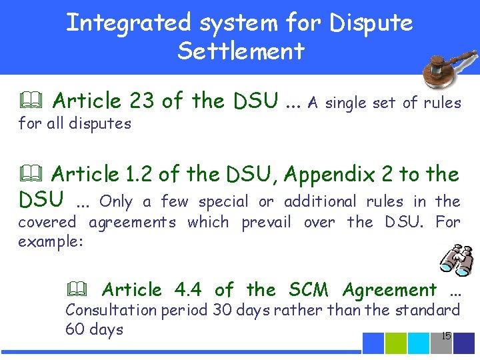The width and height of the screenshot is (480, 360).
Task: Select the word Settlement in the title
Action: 241,51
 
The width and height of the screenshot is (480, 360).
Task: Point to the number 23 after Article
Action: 142,101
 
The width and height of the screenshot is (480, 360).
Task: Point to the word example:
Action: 51,241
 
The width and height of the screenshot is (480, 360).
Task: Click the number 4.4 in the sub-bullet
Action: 187,290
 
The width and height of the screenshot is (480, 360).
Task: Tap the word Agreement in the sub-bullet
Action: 389,290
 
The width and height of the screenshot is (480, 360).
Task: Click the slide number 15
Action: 446,336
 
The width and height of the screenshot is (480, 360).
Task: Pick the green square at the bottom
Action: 396,343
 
